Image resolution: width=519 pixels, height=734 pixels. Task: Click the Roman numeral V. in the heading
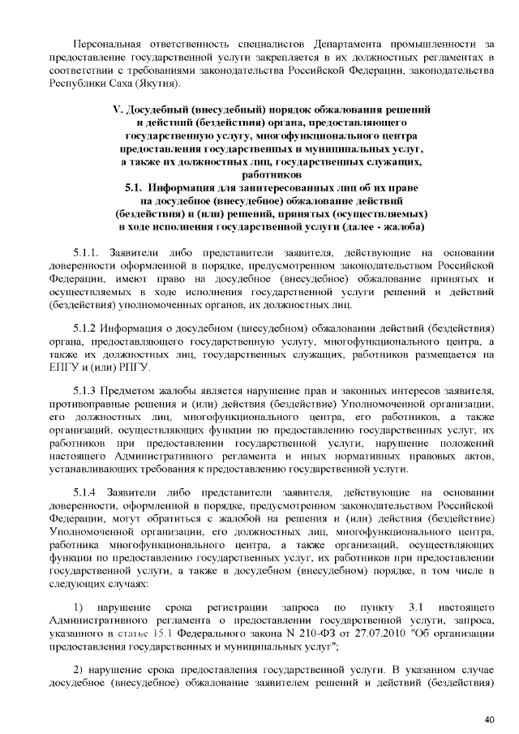[114, 109]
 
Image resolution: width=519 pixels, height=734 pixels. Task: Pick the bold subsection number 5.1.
[135, 187]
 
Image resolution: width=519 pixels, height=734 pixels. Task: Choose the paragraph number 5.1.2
[85, 328]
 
